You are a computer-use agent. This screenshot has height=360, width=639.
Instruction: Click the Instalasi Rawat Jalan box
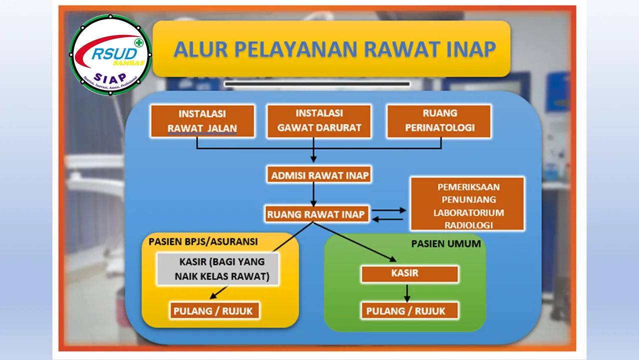tap(203, 121)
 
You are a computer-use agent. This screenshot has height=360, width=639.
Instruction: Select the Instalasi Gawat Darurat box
tap(319, 121)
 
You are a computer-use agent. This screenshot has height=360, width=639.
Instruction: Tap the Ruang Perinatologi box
tap(439, 121)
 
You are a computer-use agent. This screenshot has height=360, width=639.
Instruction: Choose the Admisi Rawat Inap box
tap(319, 174)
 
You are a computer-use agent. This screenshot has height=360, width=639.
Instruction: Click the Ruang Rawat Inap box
tap(317, 214)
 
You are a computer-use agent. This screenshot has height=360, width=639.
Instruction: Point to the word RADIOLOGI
tap(469, 225)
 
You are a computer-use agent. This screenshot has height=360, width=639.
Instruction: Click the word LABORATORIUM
tap(469, 212)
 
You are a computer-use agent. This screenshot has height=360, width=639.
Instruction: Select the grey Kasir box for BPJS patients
tap(218, 269)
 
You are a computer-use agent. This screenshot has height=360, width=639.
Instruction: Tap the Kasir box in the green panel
tap(410, 273)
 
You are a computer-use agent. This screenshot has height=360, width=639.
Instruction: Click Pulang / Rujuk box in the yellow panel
tap(215, 310)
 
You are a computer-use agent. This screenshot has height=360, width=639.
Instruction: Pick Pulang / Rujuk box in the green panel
tap(410, 310)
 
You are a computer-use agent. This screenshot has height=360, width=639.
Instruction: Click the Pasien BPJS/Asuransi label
tap(203, 241)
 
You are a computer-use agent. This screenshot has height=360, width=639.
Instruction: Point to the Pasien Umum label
tap(446, 243)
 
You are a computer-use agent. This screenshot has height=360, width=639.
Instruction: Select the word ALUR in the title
tap(201, 49)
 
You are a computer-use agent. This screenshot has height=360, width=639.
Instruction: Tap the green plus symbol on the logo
tap(139, 42)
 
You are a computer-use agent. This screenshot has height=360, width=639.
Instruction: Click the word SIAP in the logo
tap(110, 77)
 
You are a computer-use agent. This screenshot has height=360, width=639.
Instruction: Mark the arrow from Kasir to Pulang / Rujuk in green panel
tap(407, 292)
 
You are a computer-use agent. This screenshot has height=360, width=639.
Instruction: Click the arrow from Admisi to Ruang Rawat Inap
tap(314, 194)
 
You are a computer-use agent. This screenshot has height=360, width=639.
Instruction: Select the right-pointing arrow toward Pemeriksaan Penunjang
tap(389, 210)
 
